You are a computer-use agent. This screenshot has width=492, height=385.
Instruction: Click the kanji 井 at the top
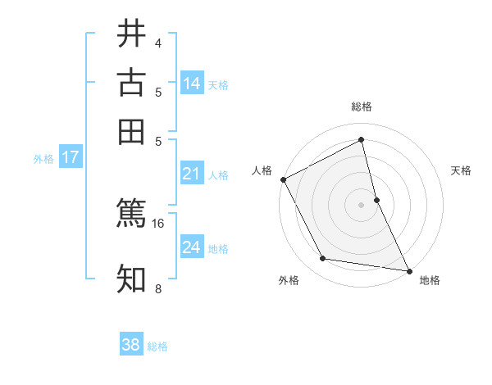click(131, 34)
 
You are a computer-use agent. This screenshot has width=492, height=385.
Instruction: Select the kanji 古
click(131, 83)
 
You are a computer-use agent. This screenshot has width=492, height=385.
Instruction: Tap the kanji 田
click(131, 132)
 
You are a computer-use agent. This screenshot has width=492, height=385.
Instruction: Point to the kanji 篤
click(131, 212)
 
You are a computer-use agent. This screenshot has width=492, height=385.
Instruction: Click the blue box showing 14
click(192, 84)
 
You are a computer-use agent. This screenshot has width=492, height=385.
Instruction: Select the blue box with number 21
click(192, 174)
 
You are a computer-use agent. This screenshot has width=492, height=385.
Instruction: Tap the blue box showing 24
click(192, 247)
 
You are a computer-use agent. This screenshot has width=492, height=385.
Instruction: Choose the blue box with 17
click(70, 157)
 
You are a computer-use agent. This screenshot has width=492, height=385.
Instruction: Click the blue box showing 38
click(131, 345)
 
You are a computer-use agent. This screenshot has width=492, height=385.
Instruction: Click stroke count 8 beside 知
click(157, 288)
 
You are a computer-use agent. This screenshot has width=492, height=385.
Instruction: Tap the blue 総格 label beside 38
click(157, 346)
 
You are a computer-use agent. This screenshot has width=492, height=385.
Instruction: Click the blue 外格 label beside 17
click(43, 159)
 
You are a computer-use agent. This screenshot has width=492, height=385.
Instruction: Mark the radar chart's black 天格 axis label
click(462, 170)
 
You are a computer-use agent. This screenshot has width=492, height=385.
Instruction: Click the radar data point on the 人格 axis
click(283, 179)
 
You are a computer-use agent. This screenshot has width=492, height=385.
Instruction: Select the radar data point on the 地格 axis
click(409, 270)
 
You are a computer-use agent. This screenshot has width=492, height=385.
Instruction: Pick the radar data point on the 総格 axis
click(362, 140)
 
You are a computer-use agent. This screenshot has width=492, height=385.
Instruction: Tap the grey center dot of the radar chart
click(362, 205)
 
